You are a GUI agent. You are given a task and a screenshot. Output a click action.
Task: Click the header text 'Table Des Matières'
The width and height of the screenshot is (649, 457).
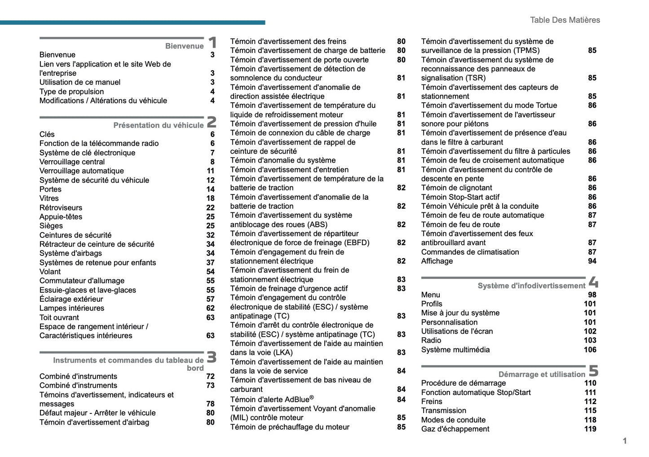tap(565, 20)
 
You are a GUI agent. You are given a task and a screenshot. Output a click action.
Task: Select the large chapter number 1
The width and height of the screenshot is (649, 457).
tap(212, 43)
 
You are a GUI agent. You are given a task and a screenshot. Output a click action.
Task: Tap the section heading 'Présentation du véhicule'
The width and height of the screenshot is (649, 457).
tap(158, 125)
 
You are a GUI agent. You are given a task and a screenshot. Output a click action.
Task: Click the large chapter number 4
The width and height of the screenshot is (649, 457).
tap(593, 282)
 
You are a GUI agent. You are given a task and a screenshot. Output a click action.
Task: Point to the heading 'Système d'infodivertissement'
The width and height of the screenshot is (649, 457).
tap(531, 286)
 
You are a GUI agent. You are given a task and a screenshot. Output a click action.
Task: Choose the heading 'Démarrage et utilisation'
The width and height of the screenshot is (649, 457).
tap(541, 374)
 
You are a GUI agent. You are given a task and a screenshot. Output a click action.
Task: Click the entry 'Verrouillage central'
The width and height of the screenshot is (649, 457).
tap(72, 162)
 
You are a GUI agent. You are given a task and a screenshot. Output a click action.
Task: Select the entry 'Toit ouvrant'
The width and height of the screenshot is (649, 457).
tap(59, 317)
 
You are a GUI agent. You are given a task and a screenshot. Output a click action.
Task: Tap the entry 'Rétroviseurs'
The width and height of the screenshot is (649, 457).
tap(61, 207)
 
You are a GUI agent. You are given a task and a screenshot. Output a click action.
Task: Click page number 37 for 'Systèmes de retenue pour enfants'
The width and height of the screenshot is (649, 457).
tap(210, 263)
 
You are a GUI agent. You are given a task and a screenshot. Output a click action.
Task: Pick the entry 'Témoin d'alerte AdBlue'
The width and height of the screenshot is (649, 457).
tap(272, 399)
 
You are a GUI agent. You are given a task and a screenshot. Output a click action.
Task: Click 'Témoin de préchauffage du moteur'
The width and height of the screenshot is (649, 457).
tap(289, 427)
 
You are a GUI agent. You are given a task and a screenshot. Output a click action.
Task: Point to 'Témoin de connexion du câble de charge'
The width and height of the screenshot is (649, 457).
tap(300, 133)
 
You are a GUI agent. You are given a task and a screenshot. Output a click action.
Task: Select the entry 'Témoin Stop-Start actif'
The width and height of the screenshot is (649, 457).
tap(460, 197)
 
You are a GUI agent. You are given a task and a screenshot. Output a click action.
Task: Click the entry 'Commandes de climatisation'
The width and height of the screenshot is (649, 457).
tap(470, 252)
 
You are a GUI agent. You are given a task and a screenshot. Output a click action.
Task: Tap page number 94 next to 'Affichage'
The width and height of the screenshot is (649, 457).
tap(592, 261)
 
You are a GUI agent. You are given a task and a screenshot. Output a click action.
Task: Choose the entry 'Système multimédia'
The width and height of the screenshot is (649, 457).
tap(455, 350)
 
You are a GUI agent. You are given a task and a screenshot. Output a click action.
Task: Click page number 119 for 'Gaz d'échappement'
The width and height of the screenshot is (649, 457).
tap(590, 429)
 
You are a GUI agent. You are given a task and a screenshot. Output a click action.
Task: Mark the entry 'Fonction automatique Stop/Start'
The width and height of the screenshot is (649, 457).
tap(476, 392)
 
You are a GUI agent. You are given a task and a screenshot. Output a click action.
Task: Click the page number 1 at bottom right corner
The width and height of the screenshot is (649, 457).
tap(624, 441)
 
